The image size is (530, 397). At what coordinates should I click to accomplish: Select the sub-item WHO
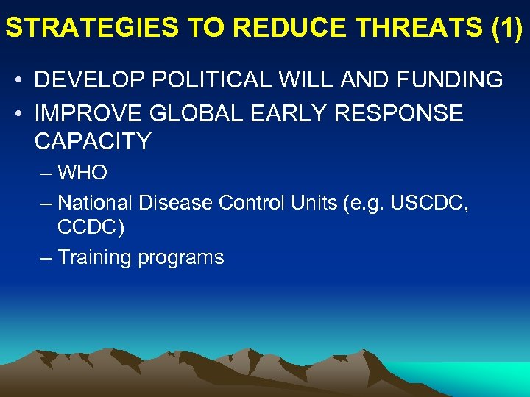click(x=82, y=174)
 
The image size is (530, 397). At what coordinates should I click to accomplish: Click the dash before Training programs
click(x=46, y=257)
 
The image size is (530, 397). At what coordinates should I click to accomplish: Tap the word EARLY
click(x=293, y=113)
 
